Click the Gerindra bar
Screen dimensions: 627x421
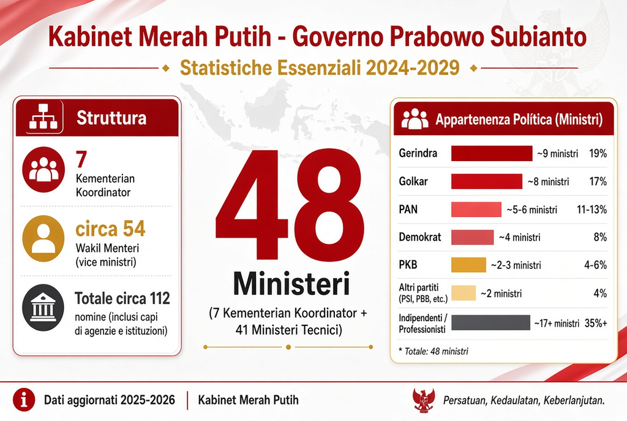(x=492, y=153)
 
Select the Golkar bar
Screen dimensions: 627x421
(x=487, y=181)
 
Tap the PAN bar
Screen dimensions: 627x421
(x=476, y=210)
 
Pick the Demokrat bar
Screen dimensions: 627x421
(x=472, y=237)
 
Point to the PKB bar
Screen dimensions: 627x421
(x=468, y=265)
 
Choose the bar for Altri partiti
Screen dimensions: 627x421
(x=464, y=293)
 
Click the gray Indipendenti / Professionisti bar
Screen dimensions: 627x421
(x=490, y=322)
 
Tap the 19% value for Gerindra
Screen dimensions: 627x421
(x=598, y=153)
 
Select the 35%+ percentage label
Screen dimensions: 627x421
(x=596, y=323)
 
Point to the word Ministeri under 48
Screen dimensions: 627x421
(x=291, y=284)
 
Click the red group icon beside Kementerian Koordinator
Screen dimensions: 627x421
(x=43, y=169)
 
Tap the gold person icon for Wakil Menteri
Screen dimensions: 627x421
(x=43, y=238)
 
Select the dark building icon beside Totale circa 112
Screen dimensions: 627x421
(x=43, y=308)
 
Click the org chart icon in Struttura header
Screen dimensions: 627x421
(x=43, y=117)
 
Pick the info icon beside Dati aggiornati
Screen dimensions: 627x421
(x=24, y=400)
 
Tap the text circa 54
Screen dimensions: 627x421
(x=110, y=229)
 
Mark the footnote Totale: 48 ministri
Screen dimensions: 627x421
(x=434, y=351)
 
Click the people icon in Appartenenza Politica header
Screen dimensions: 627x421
(x=415, y=119)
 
